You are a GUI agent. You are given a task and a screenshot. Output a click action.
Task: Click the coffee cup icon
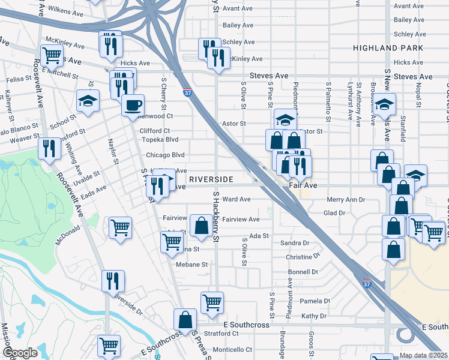point(133,105)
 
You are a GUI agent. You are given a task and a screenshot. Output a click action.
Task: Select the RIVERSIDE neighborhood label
point(211,179)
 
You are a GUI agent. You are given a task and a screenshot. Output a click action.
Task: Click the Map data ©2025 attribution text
point(424,355)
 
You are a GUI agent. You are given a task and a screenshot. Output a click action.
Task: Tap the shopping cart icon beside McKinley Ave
point(52,55)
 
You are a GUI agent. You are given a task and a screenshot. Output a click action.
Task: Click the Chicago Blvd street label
point(165,155)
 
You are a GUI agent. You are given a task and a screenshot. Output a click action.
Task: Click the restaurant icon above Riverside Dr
point(112,280)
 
